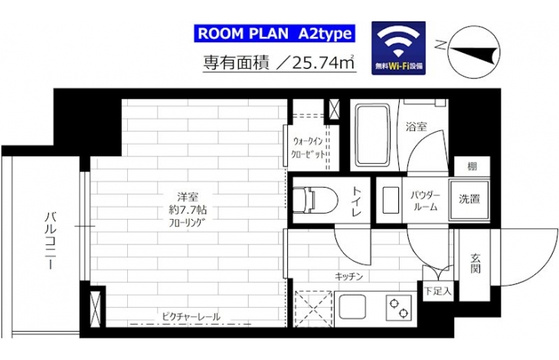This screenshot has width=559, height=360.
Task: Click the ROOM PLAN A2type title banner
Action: pyautogui.click(x=274, y=34)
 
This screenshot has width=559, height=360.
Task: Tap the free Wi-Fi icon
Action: pyautogui.click(x=398, y=48)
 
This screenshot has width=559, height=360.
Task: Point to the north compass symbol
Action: pyautogui.click(x=473, y=51)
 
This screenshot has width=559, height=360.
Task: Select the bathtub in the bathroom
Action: pyautogui.click(x=373, y=136)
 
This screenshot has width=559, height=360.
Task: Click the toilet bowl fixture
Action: pyautogui.click(x=315, y=200)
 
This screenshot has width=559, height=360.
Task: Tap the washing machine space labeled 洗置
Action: pyautogui.click(x=469, y=199)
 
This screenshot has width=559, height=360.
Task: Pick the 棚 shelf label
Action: pyautogui.click(x=472, y=166)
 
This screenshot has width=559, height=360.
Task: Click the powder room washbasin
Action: pyautogui.click(x=391, y=200)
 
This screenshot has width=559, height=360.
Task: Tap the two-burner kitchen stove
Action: pyautogui.click(x=398, y=308)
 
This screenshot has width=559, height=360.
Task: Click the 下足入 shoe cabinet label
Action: pyautogui.click(x=438, y=291)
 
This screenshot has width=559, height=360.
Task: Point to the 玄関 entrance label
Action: pyautogui.click(x=476, y=263)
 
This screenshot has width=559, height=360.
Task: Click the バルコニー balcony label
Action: pyautogui.click(x=51, y=241)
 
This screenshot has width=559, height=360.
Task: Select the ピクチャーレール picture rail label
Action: pyautogui.click(x=191, y=316)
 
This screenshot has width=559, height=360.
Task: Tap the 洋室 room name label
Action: pyautogui.click(x=188, y=196)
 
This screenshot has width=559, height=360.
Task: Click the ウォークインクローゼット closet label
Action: pyautogui.click(x=309, y=148)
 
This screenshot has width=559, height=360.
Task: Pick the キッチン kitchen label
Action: pyautogui.click(x=348, y=277)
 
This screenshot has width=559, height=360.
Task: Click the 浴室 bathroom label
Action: pyautogui.click(x=417, y=126)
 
